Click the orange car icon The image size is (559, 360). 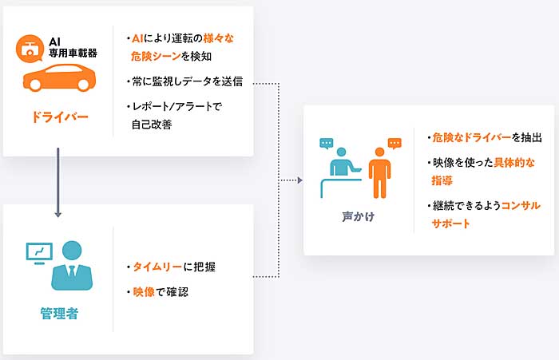click(60, 77)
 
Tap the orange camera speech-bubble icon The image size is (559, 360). click(30, 49)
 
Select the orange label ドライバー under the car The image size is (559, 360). click(60, 117)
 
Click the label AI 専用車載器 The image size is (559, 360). click(73, 48)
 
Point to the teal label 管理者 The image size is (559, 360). click(59, 314)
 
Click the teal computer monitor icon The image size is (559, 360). click(39, 253)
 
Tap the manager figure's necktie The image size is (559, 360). click(72, 273)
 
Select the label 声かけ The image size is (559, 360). click(359, 216)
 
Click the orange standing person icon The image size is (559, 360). click(379, 173)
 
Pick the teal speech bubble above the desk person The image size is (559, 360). click(326, 144)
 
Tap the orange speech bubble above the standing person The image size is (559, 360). click(394, 144)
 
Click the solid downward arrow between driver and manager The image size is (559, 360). click(57, 183)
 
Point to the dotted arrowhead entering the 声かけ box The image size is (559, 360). click(299, 180)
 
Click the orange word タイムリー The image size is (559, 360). click(157, 267)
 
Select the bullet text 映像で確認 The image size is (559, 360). click(161, 292)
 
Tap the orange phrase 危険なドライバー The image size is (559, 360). click(472, 137)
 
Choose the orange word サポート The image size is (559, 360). click(450, 224)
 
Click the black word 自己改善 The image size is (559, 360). click(152, 124)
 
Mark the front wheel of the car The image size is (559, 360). click(35, 85)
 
